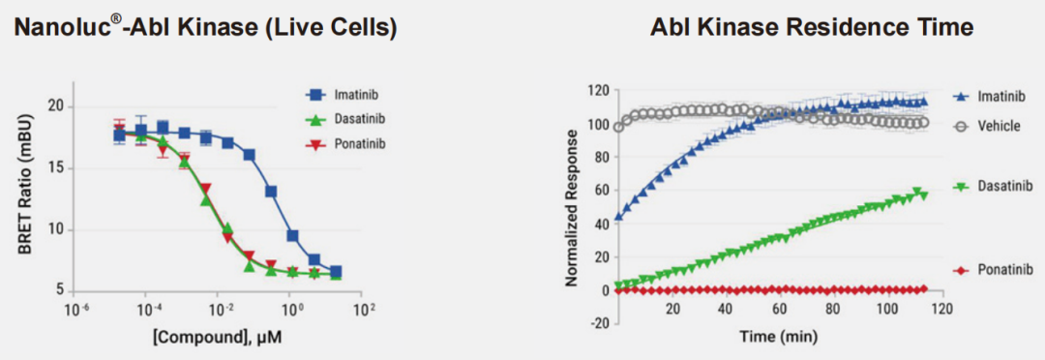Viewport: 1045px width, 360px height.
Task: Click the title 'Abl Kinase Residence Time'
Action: (x=813, y=28)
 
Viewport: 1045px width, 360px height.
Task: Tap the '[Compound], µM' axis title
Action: (x=220, y=338)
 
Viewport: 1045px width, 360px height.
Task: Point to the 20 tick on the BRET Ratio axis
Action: (x=59, y=106)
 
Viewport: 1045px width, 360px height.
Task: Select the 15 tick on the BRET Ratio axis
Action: (x=59, y=168)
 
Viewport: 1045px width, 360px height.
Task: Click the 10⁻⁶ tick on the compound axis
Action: (x=75, y=311)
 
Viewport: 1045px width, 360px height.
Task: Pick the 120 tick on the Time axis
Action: (x=941, y=310)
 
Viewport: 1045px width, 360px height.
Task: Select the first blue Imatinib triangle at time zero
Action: (x=619, y=216)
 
